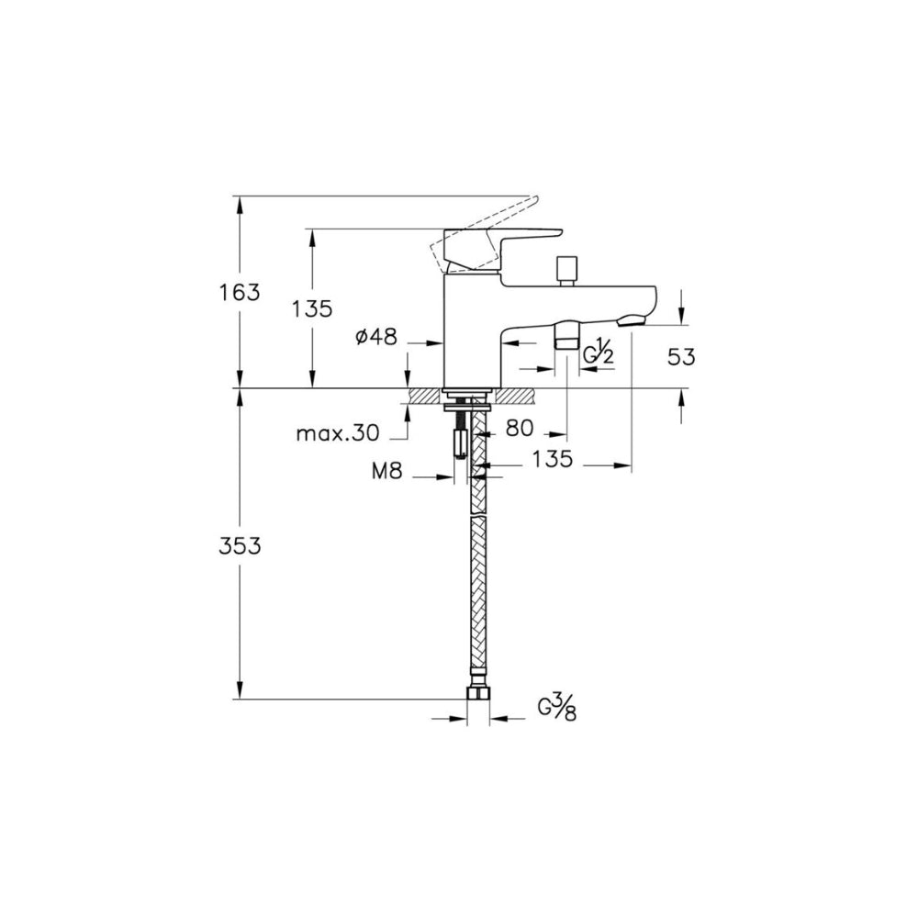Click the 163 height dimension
click(240, 292)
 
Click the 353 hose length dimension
click(240, 545)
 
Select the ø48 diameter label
click(376, 336)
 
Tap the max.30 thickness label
click(338, 434)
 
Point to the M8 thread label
click(387, 471)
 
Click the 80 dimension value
click(520, 428)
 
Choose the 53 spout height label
click(681, 356)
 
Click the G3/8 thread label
click(557, 707)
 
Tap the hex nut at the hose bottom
click(479, 693)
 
